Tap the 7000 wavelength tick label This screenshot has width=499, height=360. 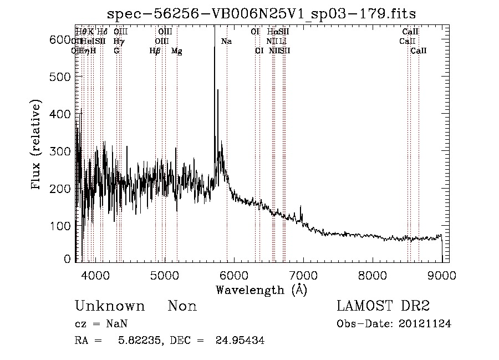pyautogui.click(x=303, y=275)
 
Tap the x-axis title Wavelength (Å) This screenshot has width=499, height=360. pyautogui.click(x=261, y=290)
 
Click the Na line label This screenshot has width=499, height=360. pyautogui.click(x=226, y=42)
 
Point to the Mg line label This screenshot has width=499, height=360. pyautogui.click(x=176, y=51)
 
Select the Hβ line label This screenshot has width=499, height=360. pyautogui.click(x=155, y=51)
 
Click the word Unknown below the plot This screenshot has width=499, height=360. pyautogui.click(x=110, y=307)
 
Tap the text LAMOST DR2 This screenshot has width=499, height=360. pyautogui.click(x=383, y=306)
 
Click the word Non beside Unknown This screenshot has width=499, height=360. pyautogui.click(x=182, y=307)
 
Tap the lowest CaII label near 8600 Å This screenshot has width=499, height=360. pyautogui.click(x=419, y=51)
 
